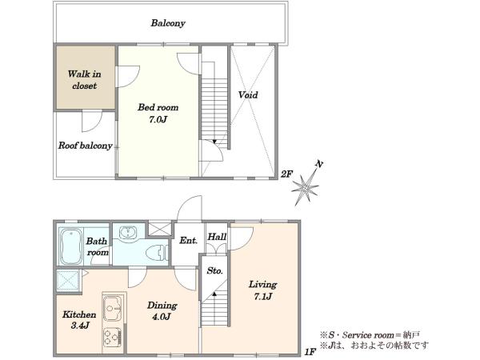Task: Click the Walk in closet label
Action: (x=84, y=79)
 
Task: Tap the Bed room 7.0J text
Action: (x=158, y=114)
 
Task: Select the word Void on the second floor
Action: (x=248, y=94)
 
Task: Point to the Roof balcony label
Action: (x=86, y=146)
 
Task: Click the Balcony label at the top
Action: (x=168, y=23)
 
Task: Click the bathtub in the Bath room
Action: (x=71, y=246)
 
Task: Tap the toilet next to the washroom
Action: (x=157, y=254)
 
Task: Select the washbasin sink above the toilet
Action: (x=128, y=232)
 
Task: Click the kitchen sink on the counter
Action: (x=113, y=308)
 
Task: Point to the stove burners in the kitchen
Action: (x=112, y=338)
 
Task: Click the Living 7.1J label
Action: (x=262, y=290)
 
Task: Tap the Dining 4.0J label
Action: (x=162, y=310)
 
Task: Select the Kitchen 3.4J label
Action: (x=79, y=320)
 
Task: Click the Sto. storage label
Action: (x=215, y=270)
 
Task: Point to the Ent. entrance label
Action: (x=188, y=241)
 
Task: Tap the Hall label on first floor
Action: (x=217, y=237)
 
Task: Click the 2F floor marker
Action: (x=287, y=174)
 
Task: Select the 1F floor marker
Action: (x=310, y=352)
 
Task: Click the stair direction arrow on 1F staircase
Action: (x=214, y=294)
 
